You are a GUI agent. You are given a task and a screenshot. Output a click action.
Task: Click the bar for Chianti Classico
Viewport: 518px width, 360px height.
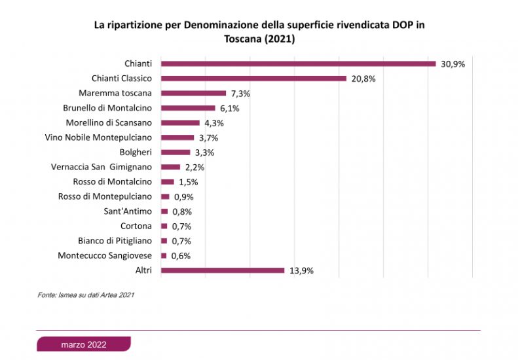(253, 79)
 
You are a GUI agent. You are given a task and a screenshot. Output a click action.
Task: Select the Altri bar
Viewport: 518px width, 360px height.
(223, 270)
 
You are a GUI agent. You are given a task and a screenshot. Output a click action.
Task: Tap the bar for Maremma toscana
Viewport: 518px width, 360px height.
(193, 93)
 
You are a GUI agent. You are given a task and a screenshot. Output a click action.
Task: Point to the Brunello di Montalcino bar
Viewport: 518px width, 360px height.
(188, 108)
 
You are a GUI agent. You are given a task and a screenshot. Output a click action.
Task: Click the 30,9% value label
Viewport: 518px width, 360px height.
(452, 64)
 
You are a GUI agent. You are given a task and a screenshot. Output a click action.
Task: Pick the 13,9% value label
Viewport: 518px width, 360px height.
(301, 270)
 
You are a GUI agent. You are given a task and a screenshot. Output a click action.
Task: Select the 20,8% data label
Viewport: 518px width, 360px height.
(362, 79)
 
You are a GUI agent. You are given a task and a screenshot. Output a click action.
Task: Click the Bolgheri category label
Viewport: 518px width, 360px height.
(137, 153)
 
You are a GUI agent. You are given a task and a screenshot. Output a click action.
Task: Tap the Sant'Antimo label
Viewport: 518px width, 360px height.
(128, 211)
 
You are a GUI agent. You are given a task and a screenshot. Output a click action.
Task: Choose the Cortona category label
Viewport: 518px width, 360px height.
(136, 226)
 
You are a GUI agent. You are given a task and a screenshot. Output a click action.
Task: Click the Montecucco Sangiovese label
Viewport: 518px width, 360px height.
(105, 256)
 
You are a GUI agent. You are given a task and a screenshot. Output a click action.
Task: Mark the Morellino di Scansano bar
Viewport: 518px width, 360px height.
(180, 122)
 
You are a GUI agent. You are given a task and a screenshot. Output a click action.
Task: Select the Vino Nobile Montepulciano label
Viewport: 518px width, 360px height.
(98, 137)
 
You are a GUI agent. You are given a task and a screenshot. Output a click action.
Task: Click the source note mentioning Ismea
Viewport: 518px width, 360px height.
(86, 295)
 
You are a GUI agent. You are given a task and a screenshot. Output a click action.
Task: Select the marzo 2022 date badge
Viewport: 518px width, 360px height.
(84, 344)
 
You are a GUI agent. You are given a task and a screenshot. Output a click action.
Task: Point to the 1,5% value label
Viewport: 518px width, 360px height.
(188, 182)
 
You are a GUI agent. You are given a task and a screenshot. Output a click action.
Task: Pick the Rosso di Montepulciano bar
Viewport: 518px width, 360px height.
(165, 196)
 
